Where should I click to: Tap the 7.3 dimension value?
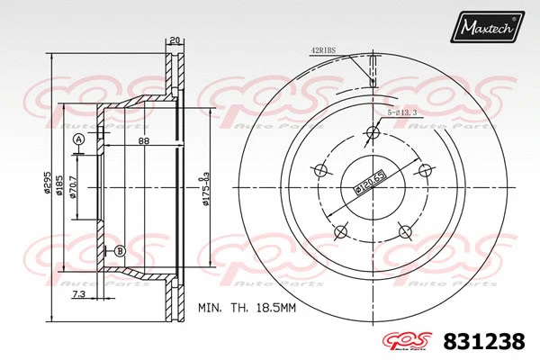(78, 293)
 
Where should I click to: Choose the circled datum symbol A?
(79, 139)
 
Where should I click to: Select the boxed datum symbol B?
(119, 250)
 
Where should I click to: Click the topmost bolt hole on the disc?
(370, 133)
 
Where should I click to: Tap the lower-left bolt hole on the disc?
(339, 232)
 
